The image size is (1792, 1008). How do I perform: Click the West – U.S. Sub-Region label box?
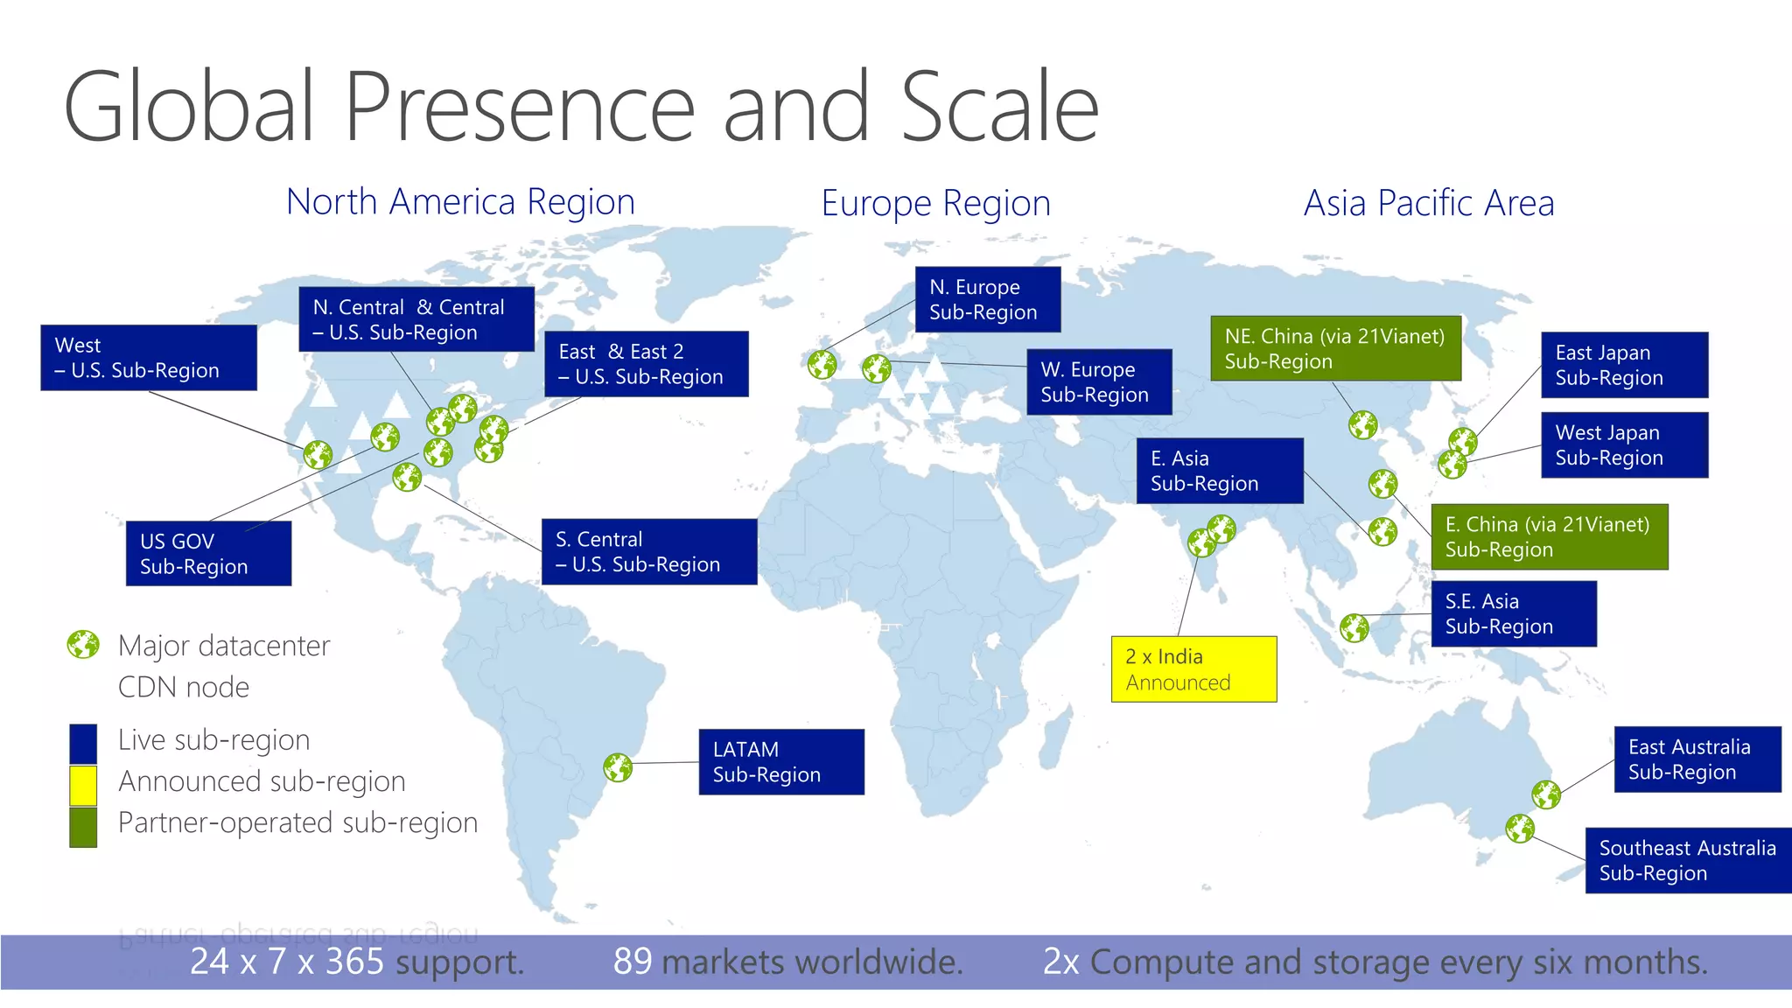click(x=149, y=358)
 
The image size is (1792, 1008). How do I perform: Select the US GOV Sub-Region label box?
click(x=208, y=554)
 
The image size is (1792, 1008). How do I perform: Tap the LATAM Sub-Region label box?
click(x=781, y=762)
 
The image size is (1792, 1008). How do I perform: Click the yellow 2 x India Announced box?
click(x=1193, y=669)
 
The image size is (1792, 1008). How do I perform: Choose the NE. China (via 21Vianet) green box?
click(x=1335, y=348)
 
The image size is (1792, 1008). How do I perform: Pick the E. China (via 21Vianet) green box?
click(x=1549, y=537)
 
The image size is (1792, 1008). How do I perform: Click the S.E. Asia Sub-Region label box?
click(x=1514, y=614)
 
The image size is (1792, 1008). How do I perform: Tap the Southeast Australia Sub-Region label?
click(x=1688, y=860)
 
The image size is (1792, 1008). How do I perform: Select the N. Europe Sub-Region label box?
click(x=988, y=299)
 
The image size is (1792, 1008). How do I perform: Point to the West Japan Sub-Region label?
click(x=1624, y=445)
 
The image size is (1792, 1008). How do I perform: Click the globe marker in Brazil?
click(x=618, y=767)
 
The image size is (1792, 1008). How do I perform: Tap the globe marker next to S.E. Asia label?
click(x=1354, y=627)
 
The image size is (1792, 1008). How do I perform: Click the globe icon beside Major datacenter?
click(x=83, y=645)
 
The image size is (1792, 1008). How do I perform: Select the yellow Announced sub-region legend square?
click(x=83, y=785)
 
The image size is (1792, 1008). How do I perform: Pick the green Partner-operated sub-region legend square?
click(x=83, y=827)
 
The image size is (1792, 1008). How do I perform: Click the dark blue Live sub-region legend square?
click(x=83, y=743)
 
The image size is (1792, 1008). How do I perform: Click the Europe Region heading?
click(x=935, y=204)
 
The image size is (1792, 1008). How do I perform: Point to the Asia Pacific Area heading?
click(x=1429, y=204)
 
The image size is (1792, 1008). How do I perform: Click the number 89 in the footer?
click(x=633, y=962)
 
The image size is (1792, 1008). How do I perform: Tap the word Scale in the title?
click(x=999, y=107)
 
